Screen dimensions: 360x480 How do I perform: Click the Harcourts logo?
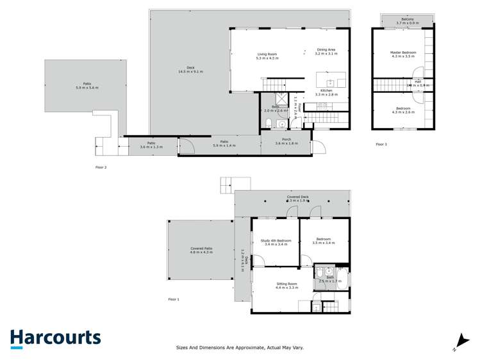pos(55,338)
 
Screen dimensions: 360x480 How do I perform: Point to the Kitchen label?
pos(326,91)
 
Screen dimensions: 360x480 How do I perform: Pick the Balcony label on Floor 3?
pos(408,19)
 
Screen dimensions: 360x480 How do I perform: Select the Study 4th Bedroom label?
pos(276,241)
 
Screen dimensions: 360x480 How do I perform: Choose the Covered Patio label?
pos(201,248)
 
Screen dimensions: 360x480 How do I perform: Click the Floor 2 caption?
pos(100,167)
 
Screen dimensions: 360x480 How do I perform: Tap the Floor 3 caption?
pos(381,144)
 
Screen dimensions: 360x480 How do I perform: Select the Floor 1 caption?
pos(174,299)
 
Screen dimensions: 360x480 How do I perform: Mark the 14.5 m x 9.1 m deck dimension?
pos(190,72)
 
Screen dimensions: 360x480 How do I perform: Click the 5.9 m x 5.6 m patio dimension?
pos(87,87)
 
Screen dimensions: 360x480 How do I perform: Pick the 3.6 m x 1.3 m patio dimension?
pos(151,147)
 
